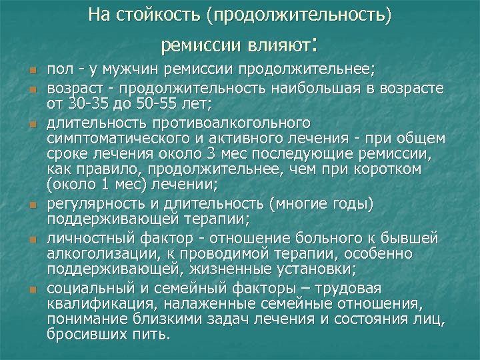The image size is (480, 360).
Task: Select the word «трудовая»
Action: [x=347, y=288]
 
